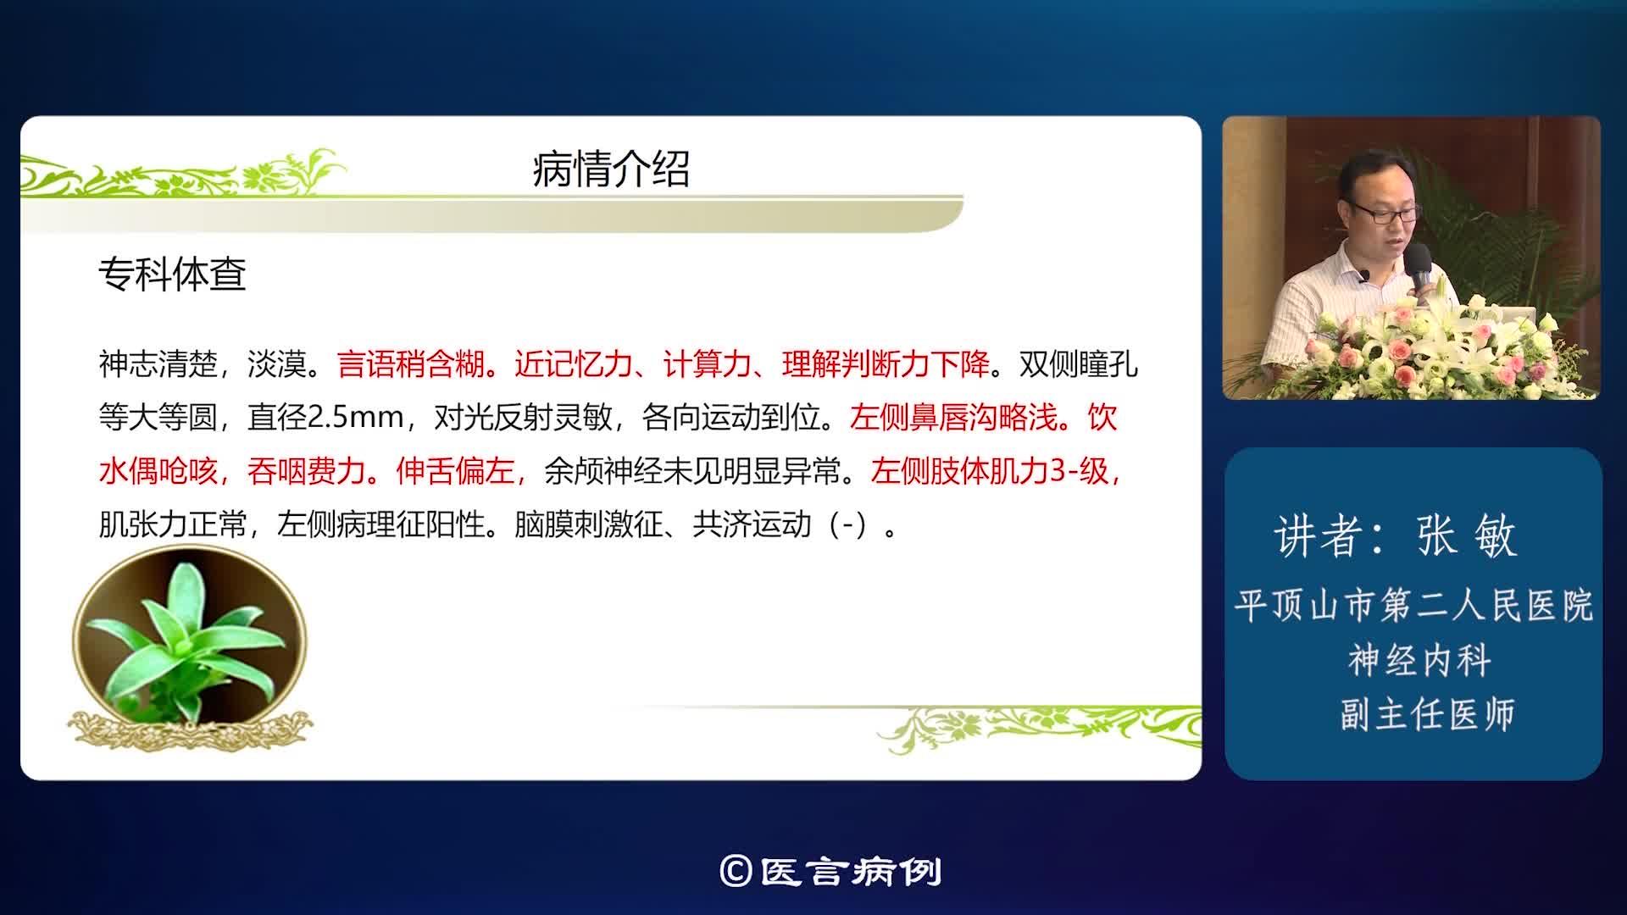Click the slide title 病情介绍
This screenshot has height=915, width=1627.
[610, 169]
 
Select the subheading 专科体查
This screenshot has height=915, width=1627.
[172, 274]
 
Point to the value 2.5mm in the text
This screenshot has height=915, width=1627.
[355, 418]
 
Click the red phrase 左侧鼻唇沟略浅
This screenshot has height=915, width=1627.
[953, 418]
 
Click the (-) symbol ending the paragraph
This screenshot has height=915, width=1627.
[848, 525]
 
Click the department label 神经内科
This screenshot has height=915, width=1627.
[1419, 661]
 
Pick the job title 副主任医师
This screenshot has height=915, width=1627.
[1427, 714]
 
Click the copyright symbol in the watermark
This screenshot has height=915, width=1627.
[735, 871]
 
